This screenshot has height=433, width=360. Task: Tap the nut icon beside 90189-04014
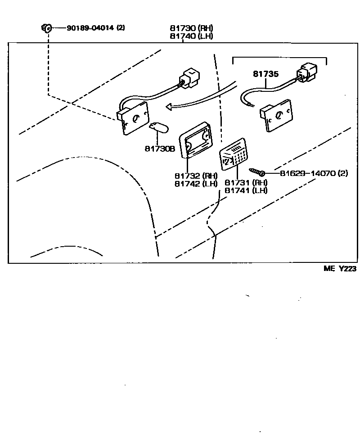tap(46, 28)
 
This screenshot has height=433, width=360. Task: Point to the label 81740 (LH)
tap(191, 36)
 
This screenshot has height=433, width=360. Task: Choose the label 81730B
tap(159, 148)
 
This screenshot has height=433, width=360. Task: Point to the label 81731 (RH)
tap(246, 183)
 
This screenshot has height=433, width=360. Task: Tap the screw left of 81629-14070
tap(256, 172)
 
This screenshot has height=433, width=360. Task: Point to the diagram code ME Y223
tap(340, 269)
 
